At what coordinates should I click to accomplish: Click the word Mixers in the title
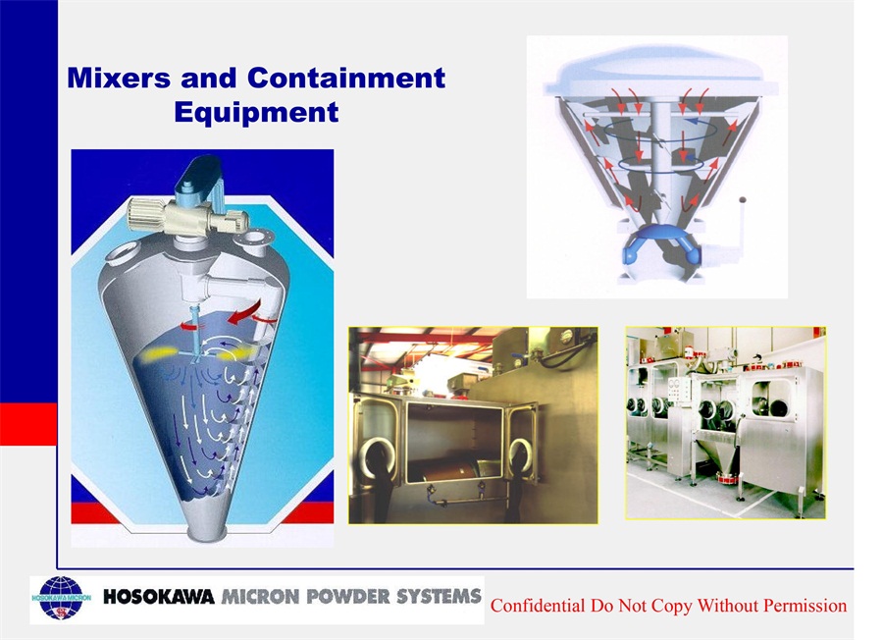(x=119, y=78)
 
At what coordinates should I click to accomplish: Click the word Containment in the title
(x=346, y=78)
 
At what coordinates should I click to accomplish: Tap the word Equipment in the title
(x=256, y=112)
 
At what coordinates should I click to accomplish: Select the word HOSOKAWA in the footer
(x=159, y=597)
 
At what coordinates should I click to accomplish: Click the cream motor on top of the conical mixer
(x=188, y=216)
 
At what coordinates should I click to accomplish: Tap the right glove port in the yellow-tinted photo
(x=522, y=457)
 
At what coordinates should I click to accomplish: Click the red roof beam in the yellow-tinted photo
(x=428, y=338)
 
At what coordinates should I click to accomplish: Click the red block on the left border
(x=28, y=424)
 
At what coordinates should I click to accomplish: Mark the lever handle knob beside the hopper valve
(x=743, y=199)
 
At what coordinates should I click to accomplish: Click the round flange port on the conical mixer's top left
(x=122, y=252)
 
